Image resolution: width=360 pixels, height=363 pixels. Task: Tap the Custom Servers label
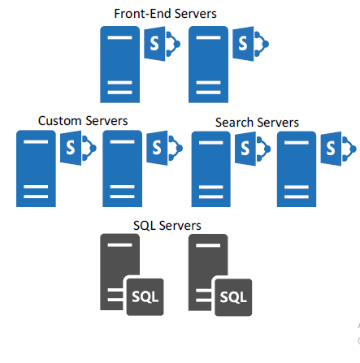83,120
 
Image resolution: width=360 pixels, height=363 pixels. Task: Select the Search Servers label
257,122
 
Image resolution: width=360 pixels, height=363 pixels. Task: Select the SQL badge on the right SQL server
233,297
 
